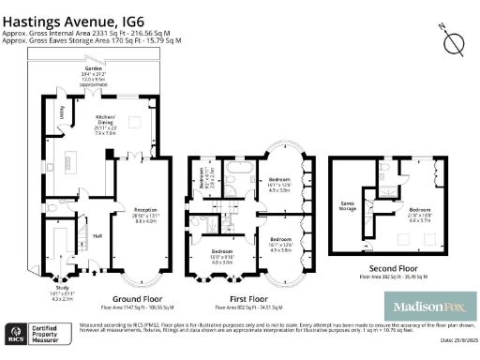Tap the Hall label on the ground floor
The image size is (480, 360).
point(97,235)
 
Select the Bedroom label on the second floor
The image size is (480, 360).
point(420,211)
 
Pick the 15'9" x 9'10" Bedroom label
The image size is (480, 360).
point(221,258)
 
